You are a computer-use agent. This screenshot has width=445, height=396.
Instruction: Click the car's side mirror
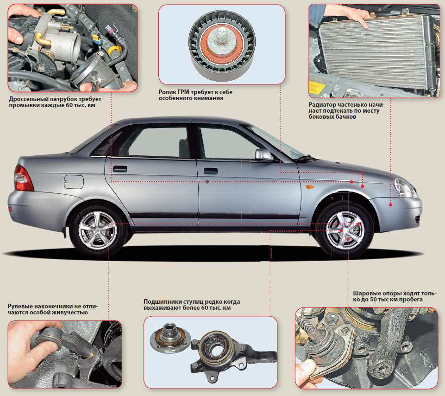click(263, 155)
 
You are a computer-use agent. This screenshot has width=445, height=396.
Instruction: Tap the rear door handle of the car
click(120, 169)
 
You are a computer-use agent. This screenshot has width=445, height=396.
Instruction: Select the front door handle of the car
click(211, 171)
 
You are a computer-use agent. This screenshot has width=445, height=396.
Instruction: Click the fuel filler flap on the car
click(74, 182)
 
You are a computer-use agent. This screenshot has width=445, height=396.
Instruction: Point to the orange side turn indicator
click(309, 187)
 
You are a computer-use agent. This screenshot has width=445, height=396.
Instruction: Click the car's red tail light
click(23, 179)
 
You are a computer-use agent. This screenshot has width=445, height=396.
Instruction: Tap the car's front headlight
click(404, 188)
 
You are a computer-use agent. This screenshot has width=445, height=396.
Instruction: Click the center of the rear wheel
click(97, 230)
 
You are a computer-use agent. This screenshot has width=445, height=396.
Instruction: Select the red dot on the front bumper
click(391, 204)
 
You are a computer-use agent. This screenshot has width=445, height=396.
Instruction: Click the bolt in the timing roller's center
click(221, 37)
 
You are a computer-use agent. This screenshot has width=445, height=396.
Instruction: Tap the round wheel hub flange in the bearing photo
click(170, 338)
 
